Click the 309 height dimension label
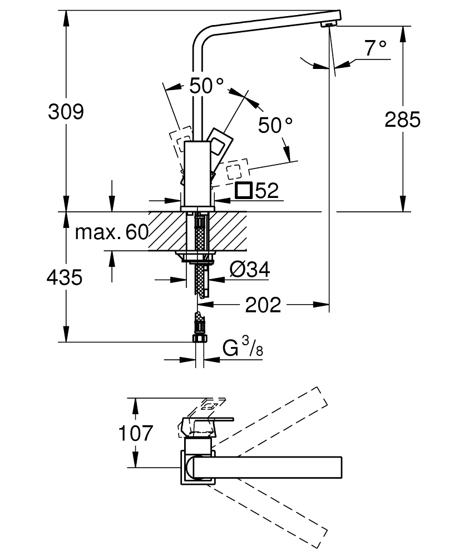[66, 111]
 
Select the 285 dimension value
[402, 119]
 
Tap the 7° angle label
[376, 48]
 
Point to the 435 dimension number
[65, 277]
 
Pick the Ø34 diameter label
[249, 270]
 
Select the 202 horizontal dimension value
[263, 305]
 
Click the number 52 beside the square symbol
[267, 191]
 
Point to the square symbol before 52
[243, 190]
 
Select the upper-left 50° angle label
[206, 86]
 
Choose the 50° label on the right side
[275, 125]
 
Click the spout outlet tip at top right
[329, 24]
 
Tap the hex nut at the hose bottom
[199, 339]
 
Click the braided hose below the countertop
[199, 278]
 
